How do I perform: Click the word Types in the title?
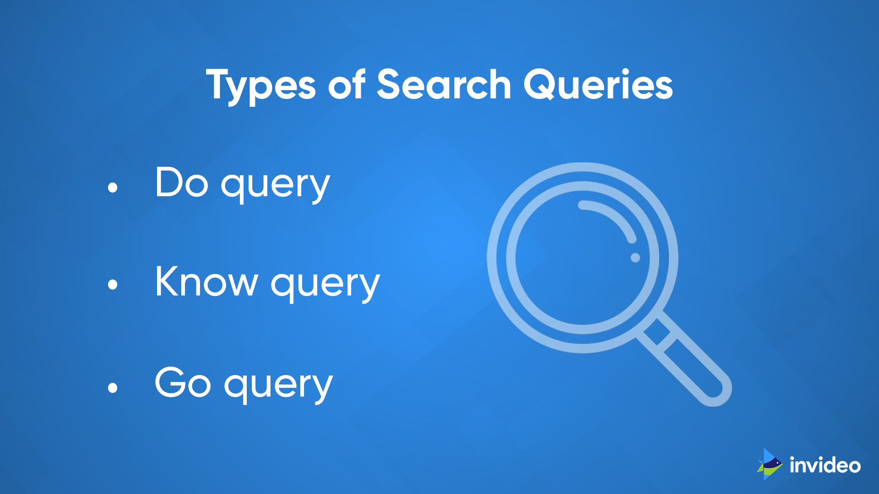pyautogui.click(x=260, y=85)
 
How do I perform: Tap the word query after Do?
pyautogui.click(x=275, y=185)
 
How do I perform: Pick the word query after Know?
pyautogui.click(x=325, y=285)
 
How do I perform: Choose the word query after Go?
pyautogui.click(x=278, y=385)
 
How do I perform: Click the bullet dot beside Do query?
pyautogui.click(x=113, y=187)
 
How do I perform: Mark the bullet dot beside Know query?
pyautogui.click(x=113, y=285)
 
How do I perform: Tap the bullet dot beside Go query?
pyautogui.click(x=113, y=388)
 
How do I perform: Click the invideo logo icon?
pyautogui.click(x=770, y=464)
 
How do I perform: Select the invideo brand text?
pyautogui.click(x=825, y=465)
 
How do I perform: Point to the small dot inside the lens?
pyautogui.click(x=635, y=258)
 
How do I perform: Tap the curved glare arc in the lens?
pyautogui.click(x=613, y=217)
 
